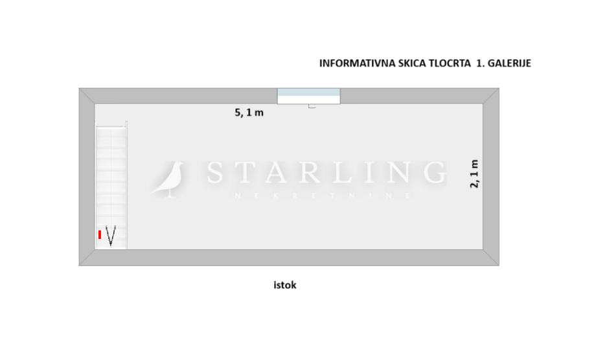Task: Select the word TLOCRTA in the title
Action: click(450, 63)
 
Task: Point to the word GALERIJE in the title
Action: click(509, 63)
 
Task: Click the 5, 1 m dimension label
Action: click(249, 113)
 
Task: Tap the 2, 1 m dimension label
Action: click(474, 174)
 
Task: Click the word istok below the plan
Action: click(284, 285)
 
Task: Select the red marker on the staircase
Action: click(100, 234)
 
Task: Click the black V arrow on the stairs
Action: click(111, 236)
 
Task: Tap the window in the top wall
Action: click(308, 96)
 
